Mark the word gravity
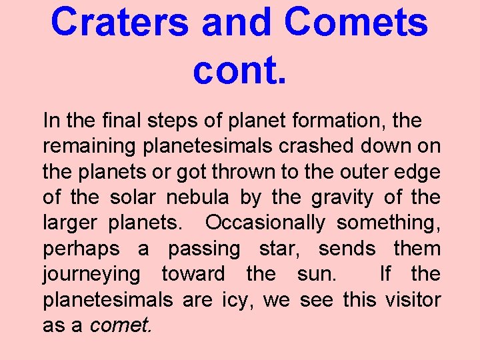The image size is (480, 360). coord(357,198)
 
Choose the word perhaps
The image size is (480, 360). coord(81,249)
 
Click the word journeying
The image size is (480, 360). coord(91,274)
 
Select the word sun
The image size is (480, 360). coord(322,274)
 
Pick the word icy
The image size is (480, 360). coord(237,300)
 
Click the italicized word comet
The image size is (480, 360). coord(120,325)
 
